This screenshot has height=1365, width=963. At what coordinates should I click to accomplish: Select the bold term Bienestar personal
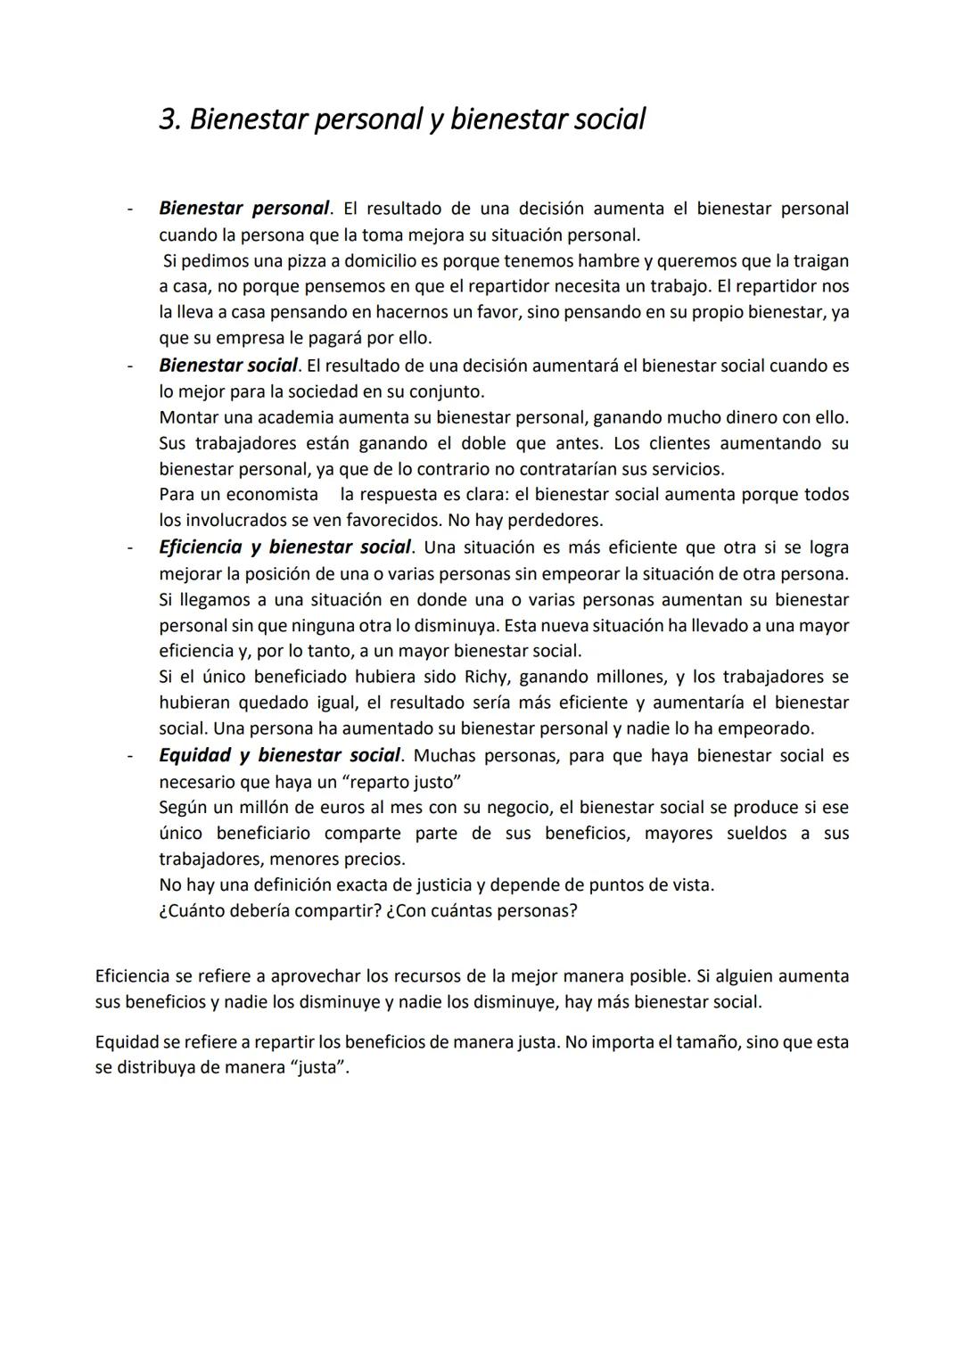(x=243, y=209)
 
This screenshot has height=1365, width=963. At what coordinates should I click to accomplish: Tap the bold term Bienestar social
(x=228, y=366)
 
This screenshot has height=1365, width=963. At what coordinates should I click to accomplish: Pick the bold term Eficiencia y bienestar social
(x=284, y=547)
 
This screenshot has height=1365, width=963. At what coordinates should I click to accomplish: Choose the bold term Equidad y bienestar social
(x=279, y=756)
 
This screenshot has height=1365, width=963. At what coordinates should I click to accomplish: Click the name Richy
(x=486, y=678)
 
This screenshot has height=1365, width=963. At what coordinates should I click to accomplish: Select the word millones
(x=627, y=678)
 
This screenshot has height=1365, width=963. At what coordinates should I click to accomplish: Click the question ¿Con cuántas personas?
(x=482, y=911)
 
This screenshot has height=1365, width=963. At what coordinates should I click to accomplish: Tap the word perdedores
(x=558, y=520)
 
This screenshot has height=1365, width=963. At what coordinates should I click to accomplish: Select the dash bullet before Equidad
(x=130, y=757)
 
